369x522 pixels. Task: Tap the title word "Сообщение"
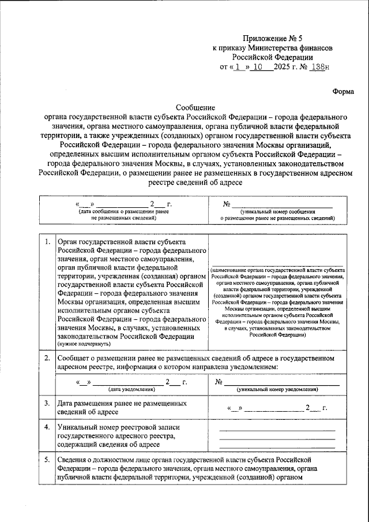[x=195, y=107]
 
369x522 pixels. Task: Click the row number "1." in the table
[x=46, y=242]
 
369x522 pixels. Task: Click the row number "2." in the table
[x=46, y=358]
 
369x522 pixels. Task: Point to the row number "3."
[x=46, y=402]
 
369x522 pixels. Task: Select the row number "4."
[x=46, y=427]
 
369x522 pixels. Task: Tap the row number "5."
[x=46, y=459]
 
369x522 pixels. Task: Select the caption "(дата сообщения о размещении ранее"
[x=123, y=212]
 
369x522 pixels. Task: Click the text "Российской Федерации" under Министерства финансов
[x=273, y=57]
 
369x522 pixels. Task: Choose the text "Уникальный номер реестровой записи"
[x=119, y=427]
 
